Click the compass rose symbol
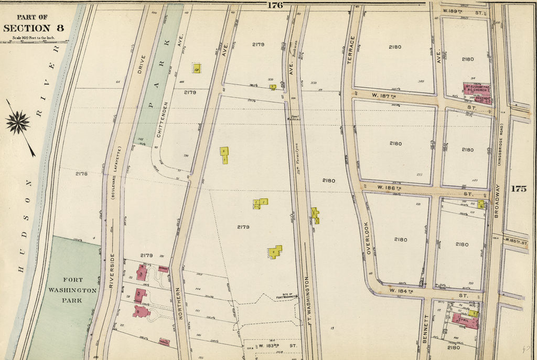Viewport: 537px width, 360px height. click(x=18, y=123)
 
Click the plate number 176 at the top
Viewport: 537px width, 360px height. click(x=275, y=5)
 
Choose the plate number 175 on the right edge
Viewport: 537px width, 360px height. click(x=518, y=189)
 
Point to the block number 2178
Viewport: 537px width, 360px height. click(x=81, y=173)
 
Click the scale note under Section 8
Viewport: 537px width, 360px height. click(x=35, y=38)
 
